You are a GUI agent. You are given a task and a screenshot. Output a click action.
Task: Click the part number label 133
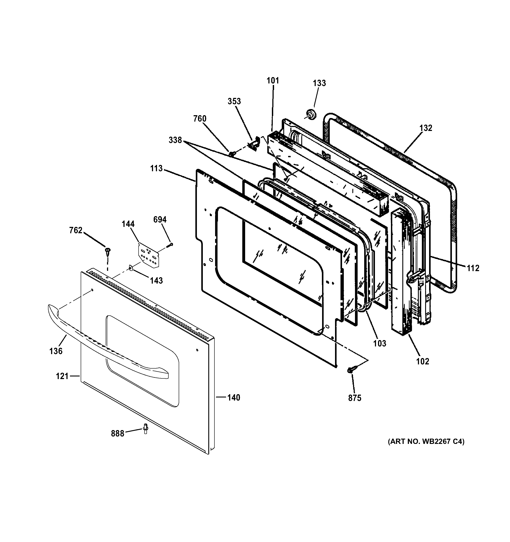click(319, 83)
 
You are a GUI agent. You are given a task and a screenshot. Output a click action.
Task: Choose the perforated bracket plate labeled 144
click(148, 255)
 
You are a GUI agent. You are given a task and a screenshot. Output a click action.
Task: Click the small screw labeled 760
click(232, 154)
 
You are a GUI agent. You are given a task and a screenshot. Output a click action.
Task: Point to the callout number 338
click(175, 140)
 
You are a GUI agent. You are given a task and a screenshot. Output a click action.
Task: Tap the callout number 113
click(156, 168)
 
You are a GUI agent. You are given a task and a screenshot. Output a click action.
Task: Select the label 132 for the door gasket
click(426, 128)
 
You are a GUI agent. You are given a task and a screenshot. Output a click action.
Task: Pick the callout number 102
click(422, 361)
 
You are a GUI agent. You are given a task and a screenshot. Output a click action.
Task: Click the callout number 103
click(380, 343)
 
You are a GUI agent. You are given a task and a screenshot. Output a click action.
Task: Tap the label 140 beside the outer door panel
click(234, 397)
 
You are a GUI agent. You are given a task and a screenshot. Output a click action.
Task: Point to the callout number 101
click(273, 81)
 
